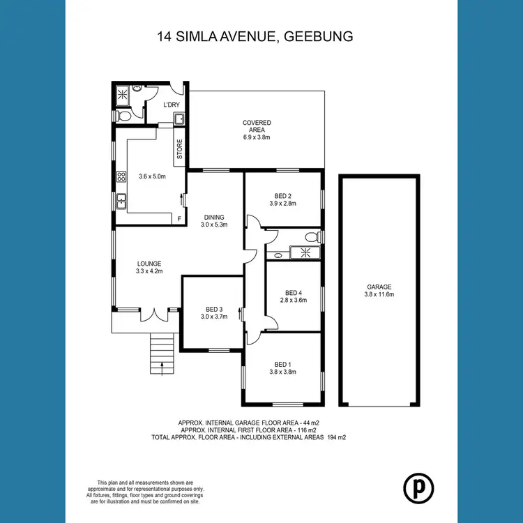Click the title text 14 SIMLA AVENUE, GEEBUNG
pyautogui.click(x=261, y=36)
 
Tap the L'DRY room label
pyautogui.click(x=172, y=105)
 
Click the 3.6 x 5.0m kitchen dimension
pyautogui.click(x=151, y=176)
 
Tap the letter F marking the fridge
pyautogui.click(x=179, y=220)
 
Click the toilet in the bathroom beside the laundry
pyautogui.click(x=123, y=115)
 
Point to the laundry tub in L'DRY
pyautogui.click(x=179, y=119)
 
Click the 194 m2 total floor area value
pyautogui.click(x=333, y=438)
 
